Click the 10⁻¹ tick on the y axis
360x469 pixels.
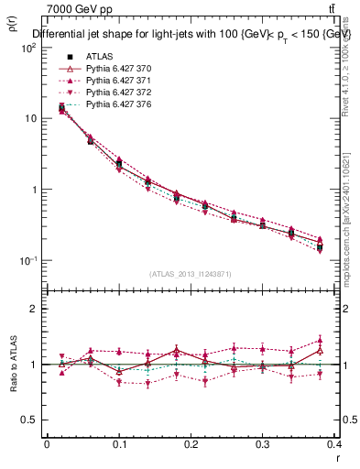tap(28, 261)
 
